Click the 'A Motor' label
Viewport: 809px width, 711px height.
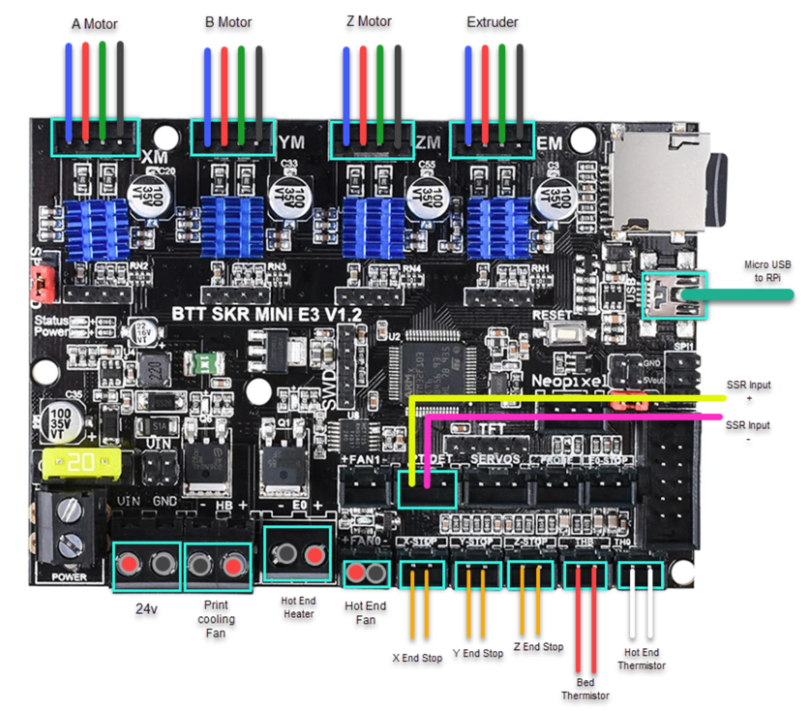pos(94,22)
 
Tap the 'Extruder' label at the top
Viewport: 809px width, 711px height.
pos(492,21)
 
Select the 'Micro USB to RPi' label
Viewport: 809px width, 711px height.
pos(767,270)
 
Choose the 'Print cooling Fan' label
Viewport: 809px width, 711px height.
pos(216,619)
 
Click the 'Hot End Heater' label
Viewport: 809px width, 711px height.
pos(298,606)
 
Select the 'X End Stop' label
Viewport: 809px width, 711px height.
pos(417,658)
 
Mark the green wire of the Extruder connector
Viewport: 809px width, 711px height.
pos(502,87)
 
